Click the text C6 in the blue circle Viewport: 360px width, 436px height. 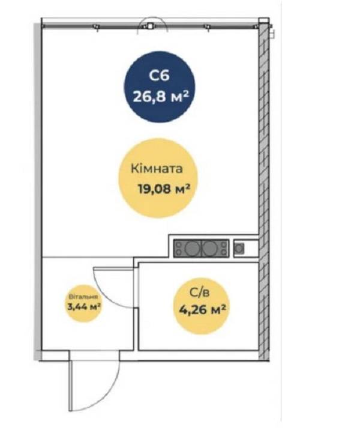coord(159,75)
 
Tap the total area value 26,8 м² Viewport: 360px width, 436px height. coord(161,97)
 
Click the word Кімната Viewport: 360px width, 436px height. coord(157,169)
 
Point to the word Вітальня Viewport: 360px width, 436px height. coord(83,297)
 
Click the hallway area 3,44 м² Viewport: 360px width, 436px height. coord(84,307)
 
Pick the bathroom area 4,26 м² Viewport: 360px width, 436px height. coord(202,309)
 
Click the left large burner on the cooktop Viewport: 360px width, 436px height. coord(192,248)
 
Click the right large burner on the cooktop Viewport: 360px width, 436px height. coord(209,248)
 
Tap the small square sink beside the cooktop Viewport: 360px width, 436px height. coord(239,248)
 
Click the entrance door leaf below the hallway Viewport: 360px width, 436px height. coord(70,386)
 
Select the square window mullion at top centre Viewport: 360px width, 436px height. coord(150,26)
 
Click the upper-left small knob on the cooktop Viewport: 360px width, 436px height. coord(179,245)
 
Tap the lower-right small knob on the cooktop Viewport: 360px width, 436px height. coord(224,252)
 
